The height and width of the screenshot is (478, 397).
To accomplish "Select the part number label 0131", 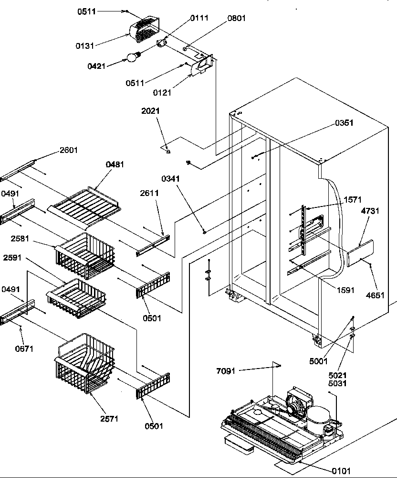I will tap(84, 45).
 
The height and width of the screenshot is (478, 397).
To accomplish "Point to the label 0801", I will tap(237, 19).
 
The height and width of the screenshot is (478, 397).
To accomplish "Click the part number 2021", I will tap(150, 111).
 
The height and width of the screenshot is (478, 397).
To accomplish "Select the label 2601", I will tap(68, 150).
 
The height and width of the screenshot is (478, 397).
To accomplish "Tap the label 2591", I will tap(12, 257).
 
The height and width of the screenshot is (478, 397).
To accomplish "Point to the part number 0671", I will tap(24, 349).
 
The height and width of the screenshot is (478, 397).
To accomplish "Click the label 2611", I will tap(149, 193).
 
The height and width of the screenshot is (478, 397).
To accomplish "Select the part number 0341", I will tap(170, 179).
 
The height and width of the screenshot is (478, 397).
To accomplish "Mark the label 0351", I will tap(344, 123).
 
